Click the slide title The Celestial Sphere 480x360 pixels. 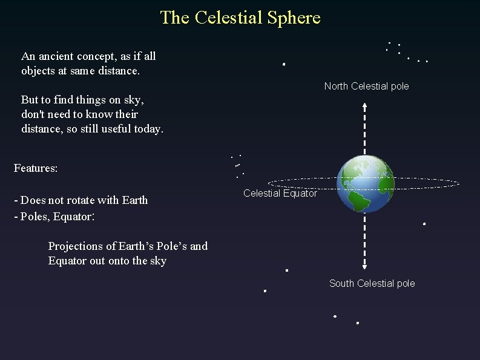coord(240,18)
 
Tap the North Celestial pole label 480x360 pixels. coord(366,86)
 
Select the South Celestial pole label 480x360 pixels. coord(372,283)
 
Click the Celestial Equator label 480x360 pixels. coord(280,194)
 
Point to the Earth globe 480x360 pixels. coord(365,184)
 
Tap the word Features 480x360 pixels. coord(35,168)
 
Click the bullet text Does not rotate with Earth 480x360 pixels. coord(84,200)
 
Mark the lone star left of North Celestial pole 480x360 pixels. coord(283,64)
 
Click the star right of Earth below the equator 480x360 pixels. coord(424,224)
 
